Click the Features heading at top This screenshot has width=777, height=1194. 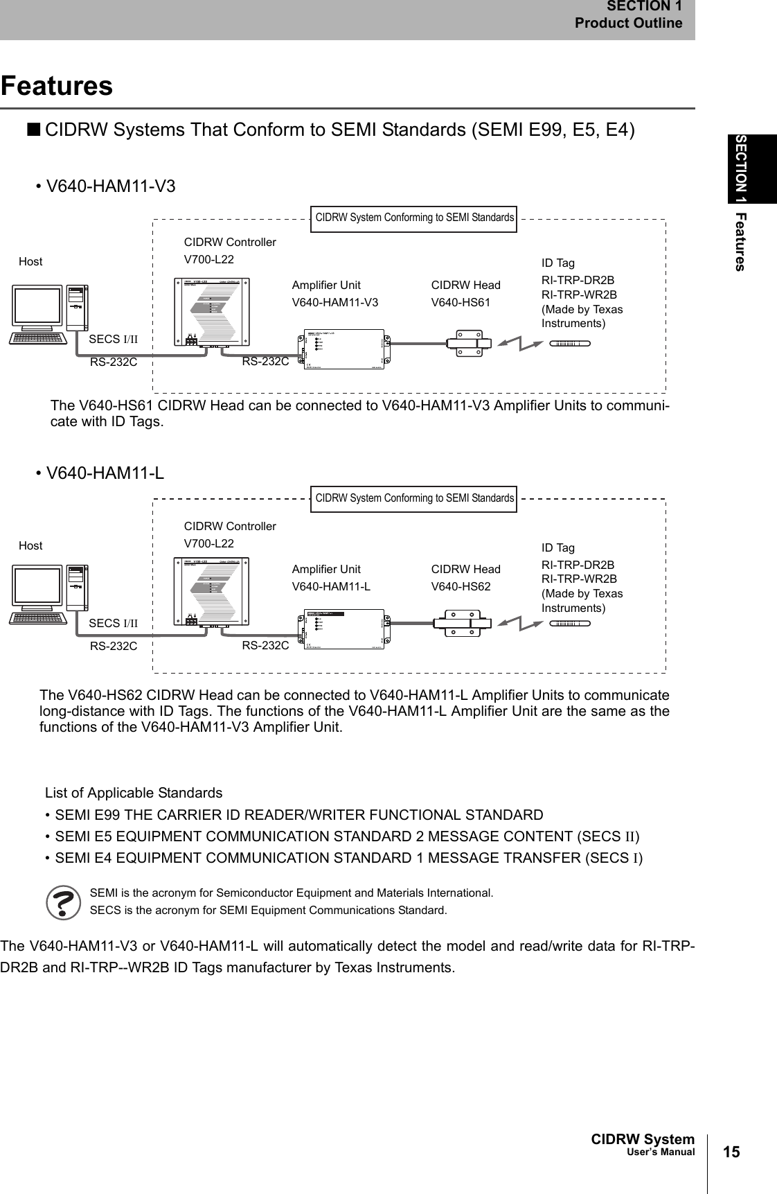(x=57, y=86)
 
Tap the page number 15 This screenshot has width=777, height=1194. (x=731, y=1152)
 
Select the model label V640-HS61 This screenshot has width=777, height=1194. (x=461, y=302)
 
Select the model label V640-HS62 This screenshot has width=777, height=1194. (x=461, y=586)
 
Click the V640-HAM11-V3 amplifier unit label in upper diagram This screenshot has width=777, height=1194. (x=335, y=302)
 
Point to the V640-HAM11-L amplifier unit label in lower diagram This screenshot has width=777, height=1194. (x=331, y=586)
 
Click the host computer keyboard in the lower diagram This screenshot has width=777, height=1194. (x=37, y=617)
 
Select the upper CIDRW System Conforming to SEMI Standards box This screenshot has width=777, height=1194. (x=414, y=218)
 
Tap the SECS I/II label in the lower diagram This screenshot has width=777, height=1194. (x=114, y=623)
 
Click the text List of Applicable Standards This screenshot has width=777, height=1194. (x=134, y=792)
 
